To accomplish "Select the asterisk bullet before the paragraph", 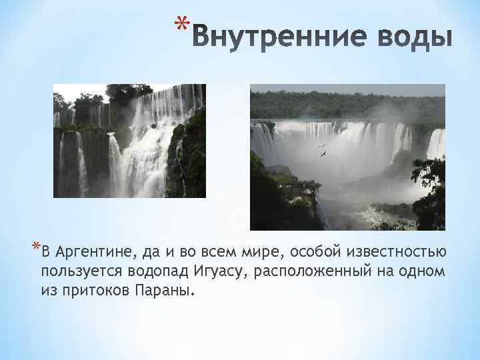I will point(35,249).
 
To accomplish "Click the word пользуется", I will point(76,272).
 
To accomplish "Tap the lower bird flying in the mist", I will point(325,155).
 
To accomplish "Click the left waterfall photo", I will point(129,141).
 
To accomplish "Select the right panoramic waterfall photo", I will point(347,157).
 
